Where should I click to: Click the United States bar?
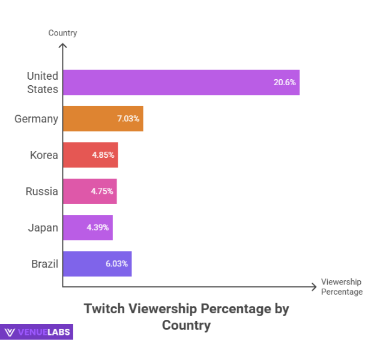click(x=180, y=82)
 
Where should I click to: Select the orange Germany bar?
click(x=102, y=119)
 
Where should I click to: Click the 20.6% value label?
click(x=285, y=82)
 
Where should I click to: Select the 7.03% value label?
click(x=128, y=119)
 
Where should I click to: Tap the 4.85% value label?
click(x=103, y=155)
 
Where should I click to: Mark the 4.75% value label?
click(x=102, y=191)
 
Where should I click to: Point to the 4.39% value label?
click(x=98, y=227)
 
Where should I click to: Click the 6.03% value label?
click(x=116, y=263)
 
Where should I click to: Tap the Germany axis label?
click(x=37, y=119)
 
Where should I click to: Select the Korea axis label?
click(x=44, y=155)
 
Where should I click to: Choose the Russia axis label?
click(x=42, y=191)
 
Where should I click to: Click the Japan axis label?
click(x=43, y=227)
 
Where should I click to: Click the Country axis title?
click(x=62, y=33)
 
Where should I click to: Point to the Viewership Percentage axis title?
click(x=342, y=287)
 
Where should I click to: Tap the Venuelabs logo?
click(x=37, y=332)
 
